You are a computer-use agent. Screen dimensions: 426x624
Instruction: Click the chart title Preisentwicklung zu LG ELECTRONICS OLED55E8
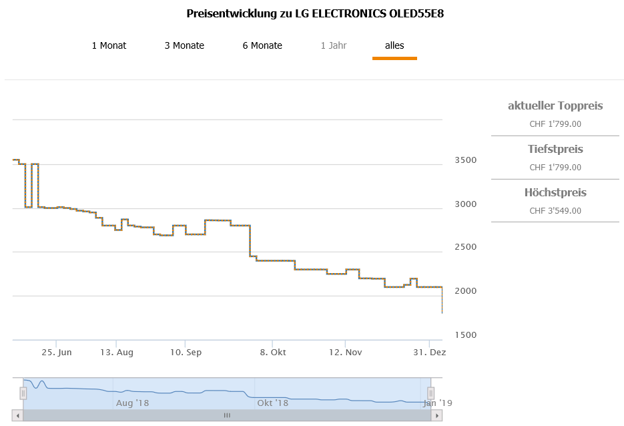click(315, 13)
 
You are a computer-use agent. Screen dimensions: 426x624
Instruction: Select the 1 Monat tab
click(109, 45)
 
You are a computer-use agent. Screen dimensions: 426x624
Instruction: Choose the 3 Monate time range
click(184, 45)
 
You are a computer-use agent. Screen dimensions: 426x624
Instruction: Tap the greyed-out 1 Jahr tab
click(333, 45)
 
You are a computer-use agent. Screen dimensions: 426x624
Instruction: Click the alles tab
click(394, 45)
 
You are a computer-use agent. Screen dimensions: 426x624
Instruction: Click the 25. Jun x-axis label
click(56, 352)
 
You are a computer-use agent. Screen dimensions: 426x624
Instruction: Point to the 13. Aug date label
click(117, 352)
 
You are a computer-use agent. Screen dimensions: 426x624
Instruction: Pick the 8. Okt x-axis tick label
click(272, 352)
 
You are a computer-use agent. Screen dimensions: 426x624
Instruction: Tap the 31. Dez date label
click(428, 352)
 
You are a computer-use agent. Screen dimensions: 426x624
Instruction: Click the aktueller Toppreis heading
click(555, 105)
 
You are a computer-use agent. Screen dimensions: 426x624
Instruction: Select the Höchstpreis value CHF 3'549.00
click(555, 211)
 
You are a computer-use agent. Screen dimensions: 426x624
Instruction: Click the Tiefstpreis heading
click(555, 149)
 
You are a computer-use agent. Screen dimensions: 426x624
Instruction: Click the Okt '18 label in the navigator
click(273, 403)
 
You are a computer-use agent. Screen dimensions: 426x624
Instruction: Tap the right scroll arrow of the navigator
click(436, 415)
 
